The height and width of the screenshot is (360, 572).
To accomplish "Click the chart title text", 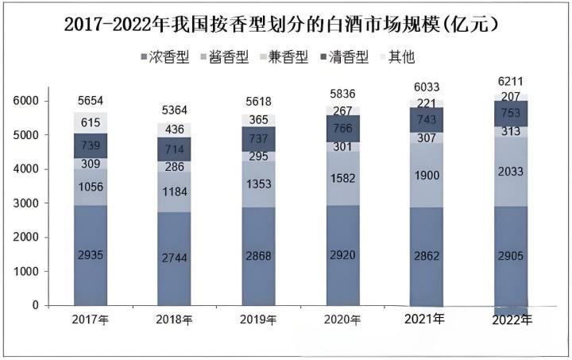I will (x=287, y=24).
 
